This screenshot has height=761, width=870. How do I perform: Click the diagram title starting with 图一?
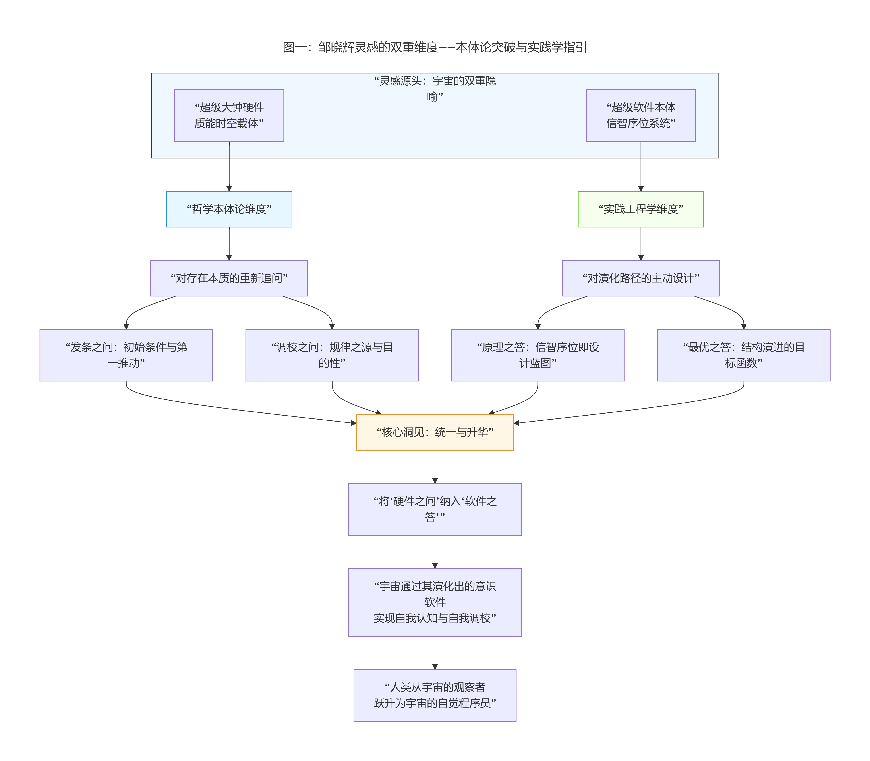tap(435, 47)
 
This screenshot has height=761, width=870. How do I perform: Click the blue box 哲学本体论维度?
tap(229, 209)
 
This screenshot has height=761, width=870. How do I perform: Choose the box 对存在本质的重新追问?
tap(229, 278)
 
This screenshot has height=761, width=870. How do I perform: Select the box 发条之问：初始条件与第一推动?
tap(126, 355)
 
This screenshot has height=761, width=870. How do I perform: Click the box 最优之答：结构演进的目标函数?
tap(743, 355)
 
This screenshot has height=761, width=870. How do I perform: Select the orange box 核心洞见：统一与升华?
tap(435, 432)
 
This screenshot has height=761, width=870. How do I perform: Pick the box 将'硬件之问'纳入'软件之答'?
tap(435, 509)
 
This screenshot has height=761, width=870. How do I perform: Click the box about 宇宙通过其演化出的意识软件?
tap(435, 602)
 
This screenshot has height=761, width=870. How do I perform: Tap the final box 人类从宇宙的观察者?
tap(435, 695)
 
